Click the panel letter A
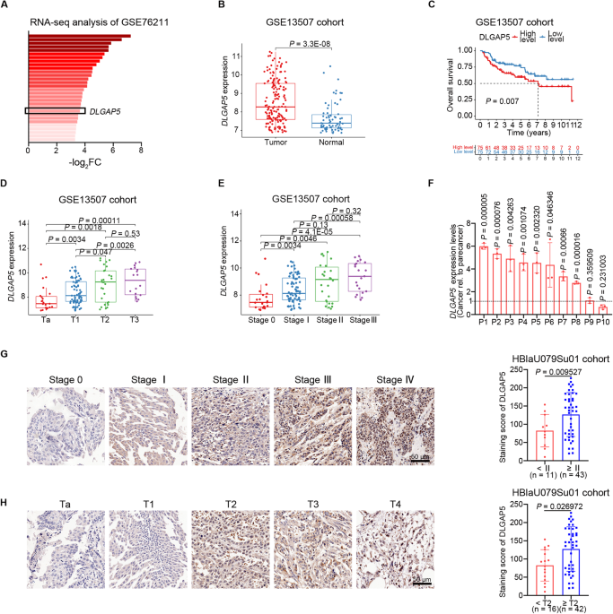[x=6, y=7]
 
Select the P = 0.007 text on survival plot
[x=504, y=101]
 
